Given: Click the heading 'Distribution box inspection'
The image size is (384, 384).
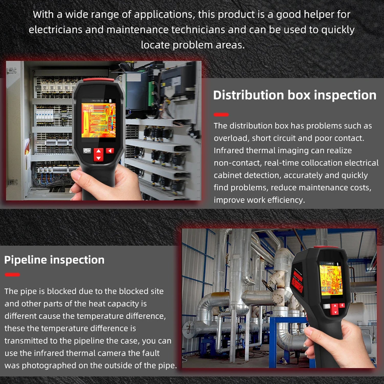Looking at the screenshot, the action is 295,95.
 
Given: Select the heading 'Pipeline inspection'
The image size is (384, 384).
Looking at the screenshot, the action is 54,260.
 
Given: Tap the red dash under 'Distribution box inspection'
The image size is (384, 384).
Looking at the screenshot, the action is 221,115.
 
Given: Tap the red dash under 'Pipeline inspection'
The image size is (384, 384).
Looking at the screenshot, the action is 12,275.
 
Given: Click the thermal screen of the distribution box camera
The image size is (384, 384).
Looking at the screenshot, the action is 98,120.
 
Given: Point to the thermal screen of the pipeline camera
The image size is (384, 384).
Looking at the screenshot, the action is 331,280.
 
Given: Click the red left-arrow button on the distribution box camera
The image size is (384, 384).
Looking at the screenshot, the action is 110,151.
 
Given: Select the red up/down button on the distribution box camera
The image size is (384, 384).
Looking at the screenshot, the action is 99,155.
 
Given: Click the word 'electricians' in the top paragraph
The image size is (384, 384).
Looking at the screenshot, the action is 56,30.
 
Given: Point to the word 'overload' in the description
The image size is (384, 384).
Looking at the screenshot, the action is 231,138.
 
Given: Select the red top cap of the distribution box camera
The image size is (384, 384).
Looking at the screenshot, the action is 98,80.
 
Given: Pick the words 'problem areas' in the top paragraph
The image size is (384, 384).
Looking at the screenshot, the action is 209,45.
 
